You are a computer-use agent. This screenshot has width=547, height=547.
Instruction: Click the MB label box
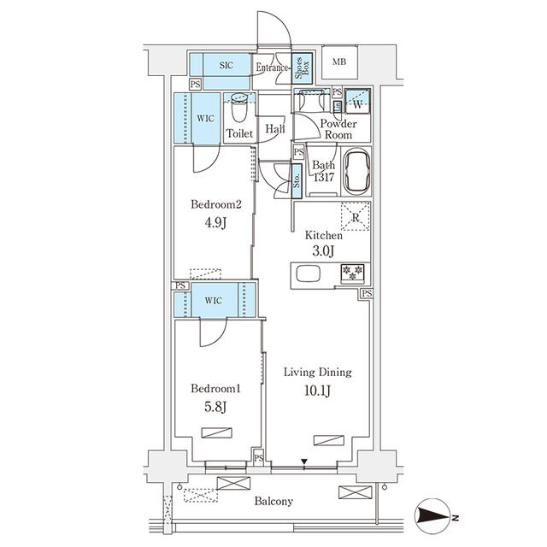point(339,61)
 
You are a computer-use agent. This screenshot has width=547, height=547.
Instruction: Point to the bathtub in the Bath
point(356,171)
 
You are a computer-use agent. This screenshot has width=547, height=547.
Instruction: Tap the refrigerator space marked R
point(356,217)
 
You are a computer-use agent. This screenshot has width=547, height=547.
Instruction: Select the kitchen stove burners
point(352,273)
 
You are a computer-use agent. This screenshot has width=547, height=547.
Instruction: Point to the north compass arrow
point(436,516)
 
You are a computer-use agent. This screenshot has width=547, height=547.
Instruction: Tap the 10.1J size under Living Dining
point(317,393)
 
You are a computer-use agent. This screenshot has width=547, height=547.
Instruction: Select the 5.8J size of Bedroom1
point(216,407)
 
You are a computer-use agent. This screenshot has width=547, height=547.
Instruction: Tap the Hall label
point(274,129)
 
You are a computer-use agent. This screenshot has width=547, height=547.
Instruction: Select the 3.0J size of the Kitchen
point(324,250)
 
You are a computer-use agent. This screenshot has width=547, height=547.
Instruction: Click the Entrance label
point(273,68)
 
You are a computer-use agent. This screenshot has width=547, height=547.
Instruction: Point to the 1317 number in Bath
point(324,177)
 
